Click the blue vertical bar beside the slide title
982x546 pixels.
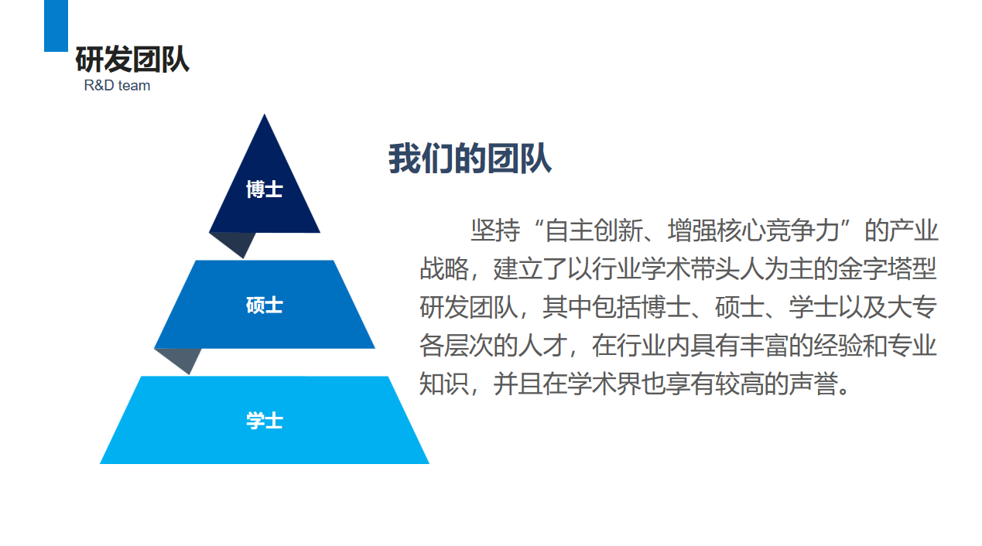[x=56, y=26]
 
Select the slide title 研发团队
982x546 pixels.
[x=132, y=59]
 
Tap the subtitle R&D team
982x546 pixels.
[x=117, y=85]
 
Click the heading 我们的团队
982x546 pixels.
[x=470, y=159]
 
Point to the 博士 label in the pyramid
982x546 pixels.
[x=265, y=189]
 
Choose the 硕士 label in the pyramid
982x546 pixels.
[x=265, y=305]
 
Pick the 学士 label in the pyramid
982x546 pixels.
[x=265, y=421]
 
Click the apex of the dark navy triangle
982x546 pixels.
[x=265, y=114]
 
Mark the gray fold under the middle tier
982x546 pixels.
[x=180, y=359]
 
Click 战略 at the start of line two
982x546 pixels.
[x=444, y=268]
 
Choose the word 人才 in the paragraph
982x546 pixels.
[x=542, y=345]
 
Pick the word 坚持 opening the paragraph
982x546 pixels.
[x=495, y=230]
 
